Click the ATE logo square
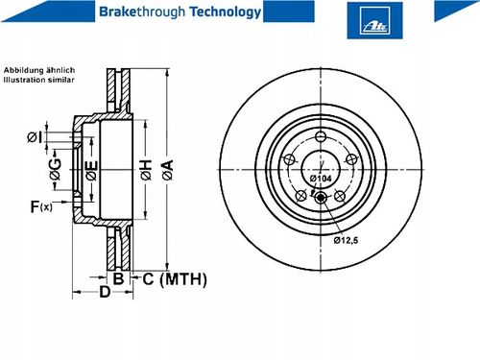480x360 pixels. coord(374,20)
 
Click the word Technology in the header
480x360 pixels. coord(226,12)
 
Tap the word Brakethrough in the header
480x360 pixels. coord(142,12)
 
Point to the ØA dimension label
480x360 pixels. coord(168,169)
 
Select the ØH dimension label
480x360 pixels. coord(146,170)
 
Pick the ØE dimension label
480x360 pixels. coord(91,170)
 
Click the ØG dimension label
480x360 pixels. coord(56,169)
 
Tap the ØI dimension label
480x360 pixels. coord(35,137)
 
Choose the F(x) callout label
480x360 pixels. coord(41,206)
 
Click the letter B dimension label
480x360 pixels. coord(119,278)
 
